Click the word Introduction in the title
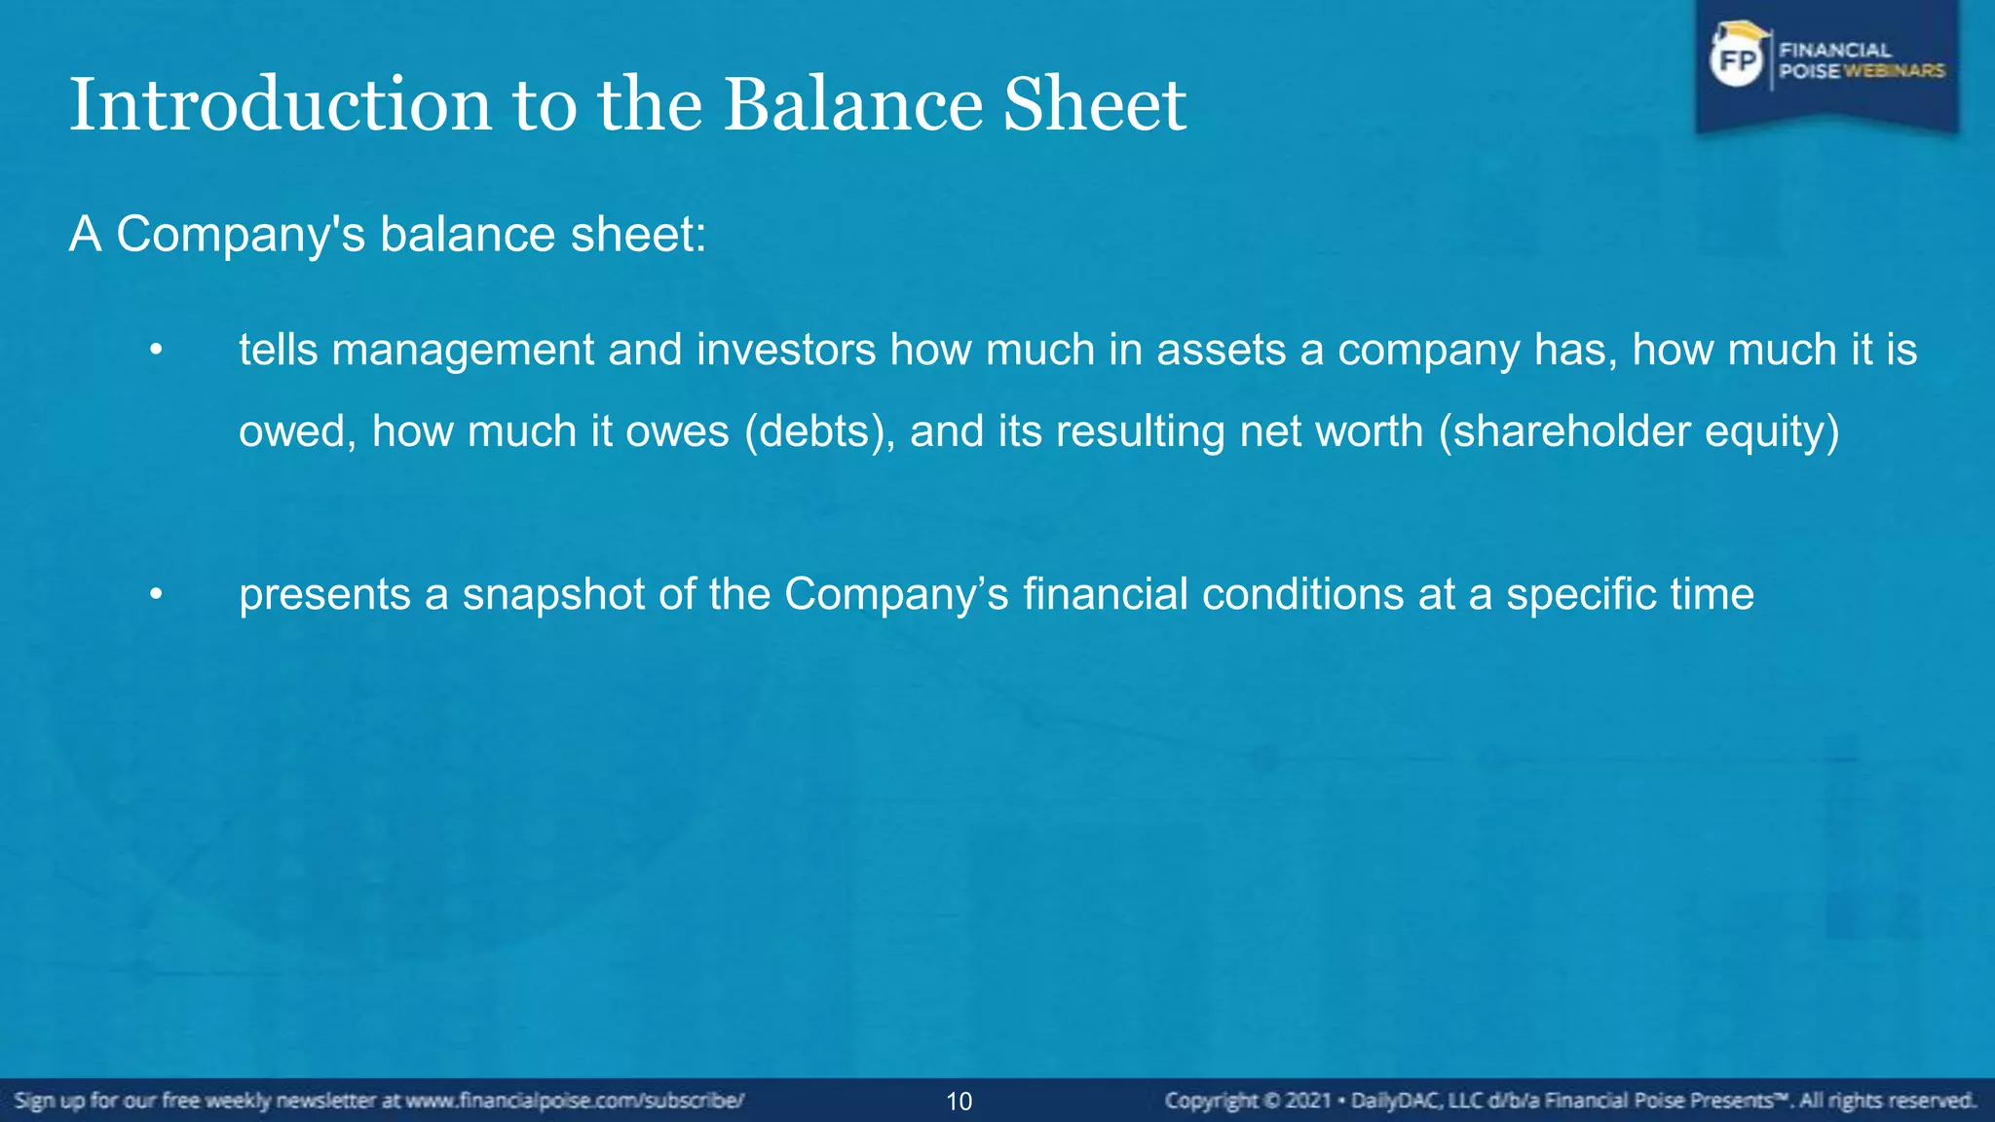(x=281, y=105)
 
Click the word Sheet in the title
(x=1094, y=105)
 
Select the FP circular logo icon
(x=1737, y=60)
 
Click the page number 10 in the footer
(x=959, y=1102)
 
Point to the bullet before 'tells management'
(x=155, y=350)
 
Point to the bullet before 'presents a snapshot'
(x=155, y=594)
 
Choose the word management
(x=463, y=350)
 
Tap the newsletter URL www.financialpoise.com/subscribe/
(x=575, y=1102)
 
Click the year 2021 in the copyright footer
(x=1308, y=1102)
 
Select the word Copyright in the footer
(x=1211, y=1102)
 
